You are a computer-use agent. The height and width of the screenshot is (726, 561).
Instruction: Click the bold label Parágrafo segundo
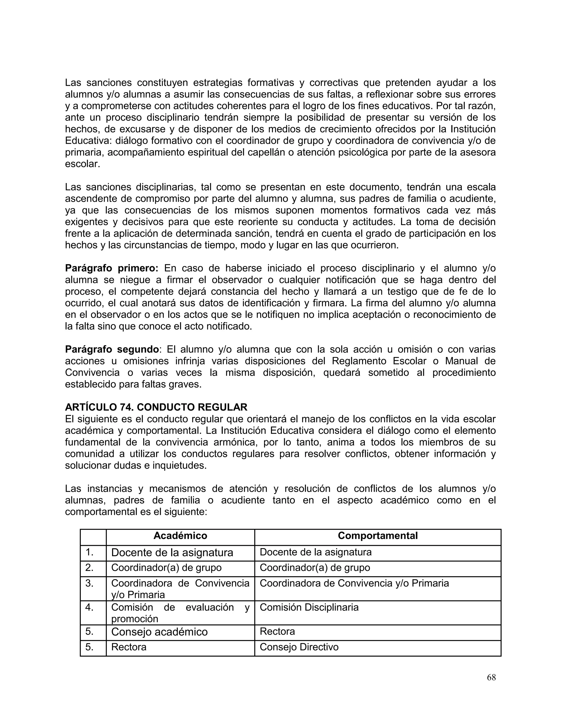coord(112,349)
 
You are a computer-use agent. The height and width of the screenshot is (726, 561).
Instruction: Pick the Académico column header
coord(180,536)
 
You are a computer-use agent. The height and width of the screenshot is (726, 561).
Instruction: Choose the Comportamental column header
coord(377,536)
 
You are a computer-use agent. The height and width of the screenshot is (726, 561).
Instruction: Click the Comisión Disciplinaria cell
coord(309,607)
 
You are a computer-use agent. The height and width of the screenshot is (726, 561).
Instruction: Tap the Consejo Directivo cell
coord(299,647)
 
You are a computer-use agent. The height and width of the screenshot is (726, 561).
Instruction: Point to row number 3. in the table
coord(89,583)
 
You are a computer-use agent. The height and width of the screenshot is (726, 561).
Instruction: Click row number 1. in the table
coord(89,552)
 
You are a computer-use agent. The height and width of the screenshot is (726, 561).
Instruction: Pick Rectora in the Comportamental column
coord(277,631)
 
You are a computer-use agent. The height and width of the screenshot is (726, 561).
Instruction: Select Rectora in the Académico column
coord(129,647)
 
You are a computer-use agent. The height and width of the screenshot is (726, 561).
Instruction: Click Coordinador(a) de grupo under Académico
coord(166,567)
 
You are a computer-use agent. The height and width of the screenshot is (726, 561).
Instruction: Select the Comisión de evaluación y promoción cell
coord(180,613)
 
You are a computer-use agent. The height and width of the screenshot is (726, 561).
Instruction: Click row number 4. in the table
coord(89,607)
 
